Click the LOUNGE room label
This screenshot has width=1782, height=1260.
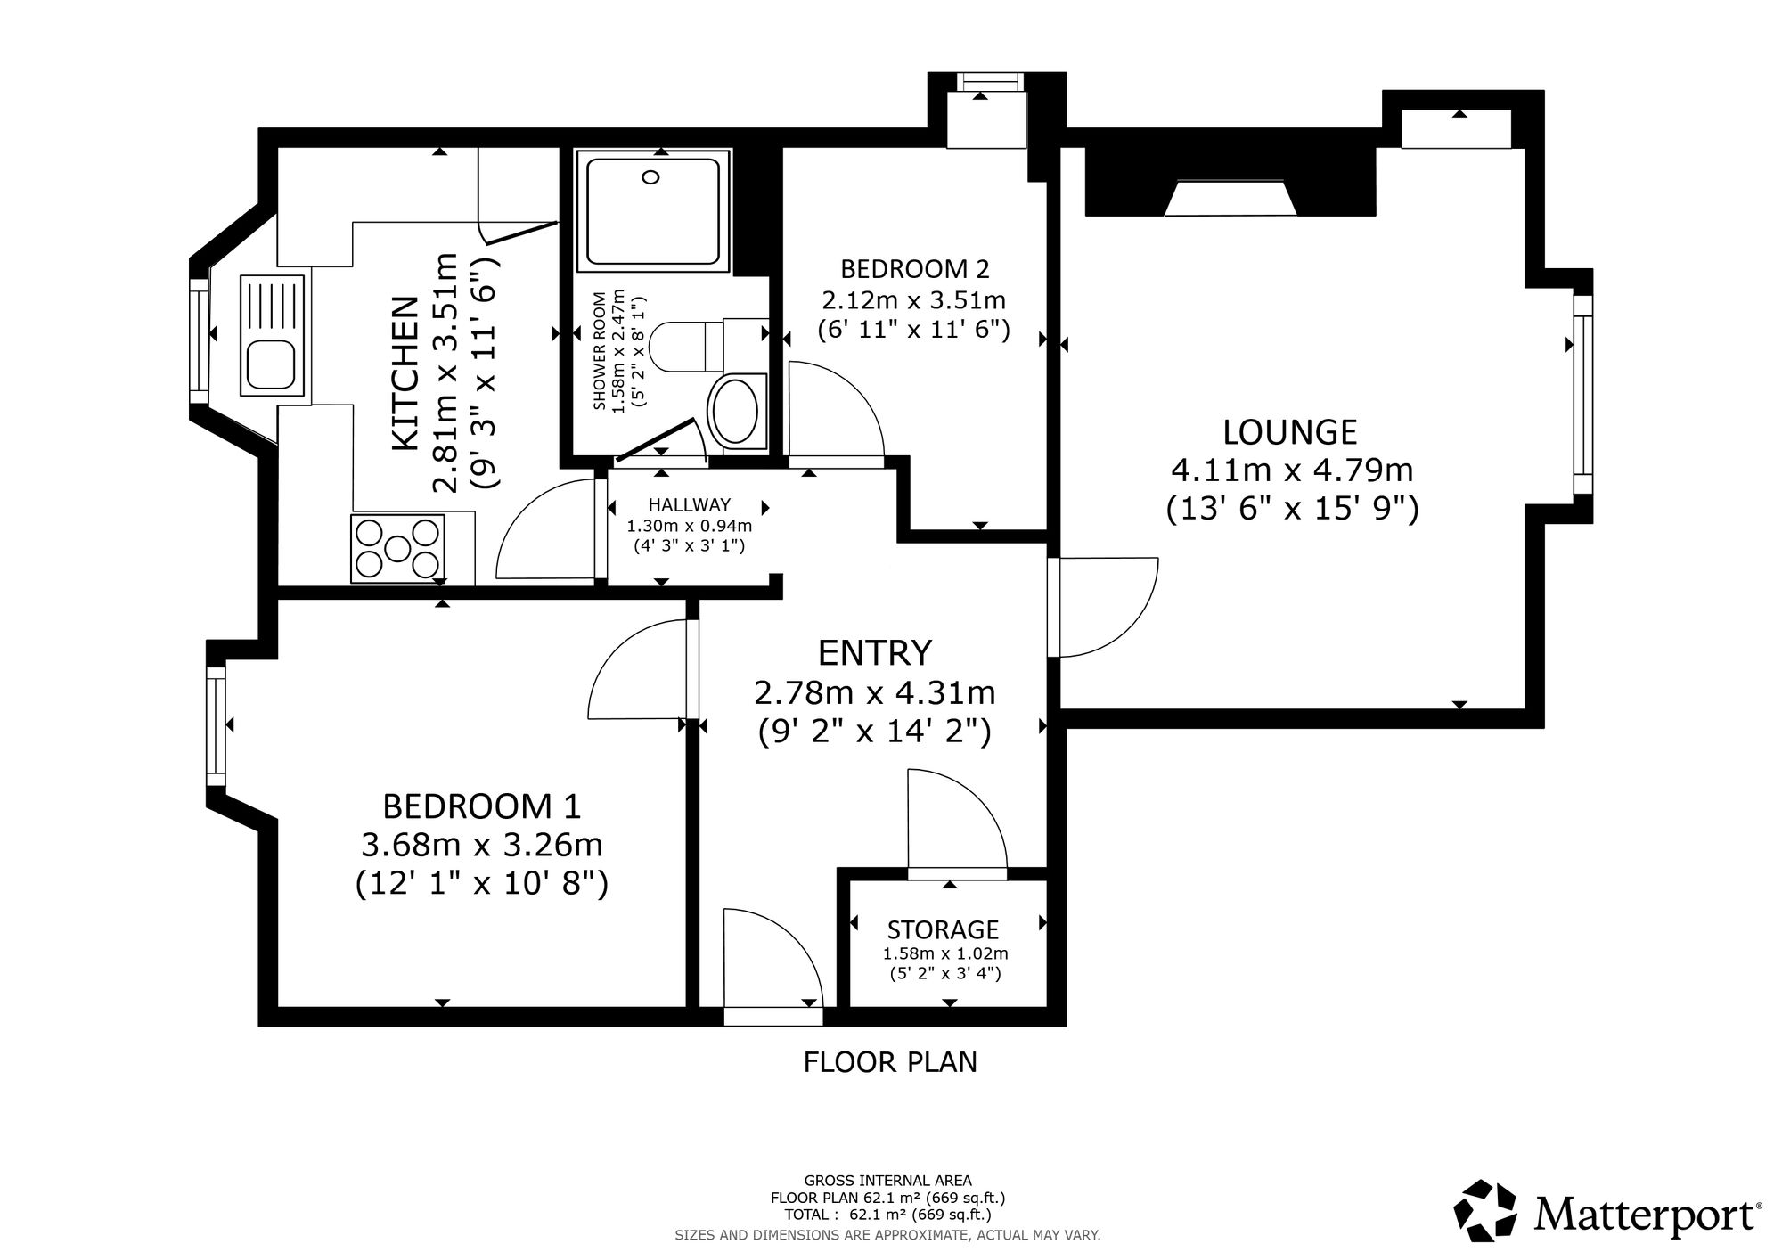(x=1289, y=432)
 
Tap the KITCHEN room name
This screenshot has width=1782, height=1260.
(x=405, y=373)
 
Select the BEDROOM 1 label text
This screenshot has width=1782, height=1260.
(x=481, y=806)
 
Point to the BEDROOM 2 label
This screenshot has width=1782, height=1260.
(x=915, y=268)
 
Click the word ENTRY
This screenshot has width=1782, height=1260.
(x=874, y=653)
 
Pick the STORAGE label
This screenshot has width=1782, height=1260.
(x=943, y=930)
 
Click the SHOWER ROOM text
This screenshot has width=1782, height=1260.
(x=599, y=351)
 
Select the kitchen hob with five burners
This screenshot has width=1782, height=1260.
(x=397, y=549)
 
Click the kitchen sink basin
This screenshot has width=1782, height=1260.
(x=273, y=364)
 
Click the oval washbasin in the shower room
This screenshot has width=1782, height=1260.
(x=733, y=413)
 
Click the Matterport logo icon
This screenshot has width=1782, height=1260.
(x=1485, y=1210)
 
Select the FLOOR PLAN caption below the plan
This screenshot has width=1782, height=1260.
(x=890, y=1062)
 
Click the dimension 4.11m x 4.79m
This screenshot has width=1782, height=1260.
(x=1292, y=469)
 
